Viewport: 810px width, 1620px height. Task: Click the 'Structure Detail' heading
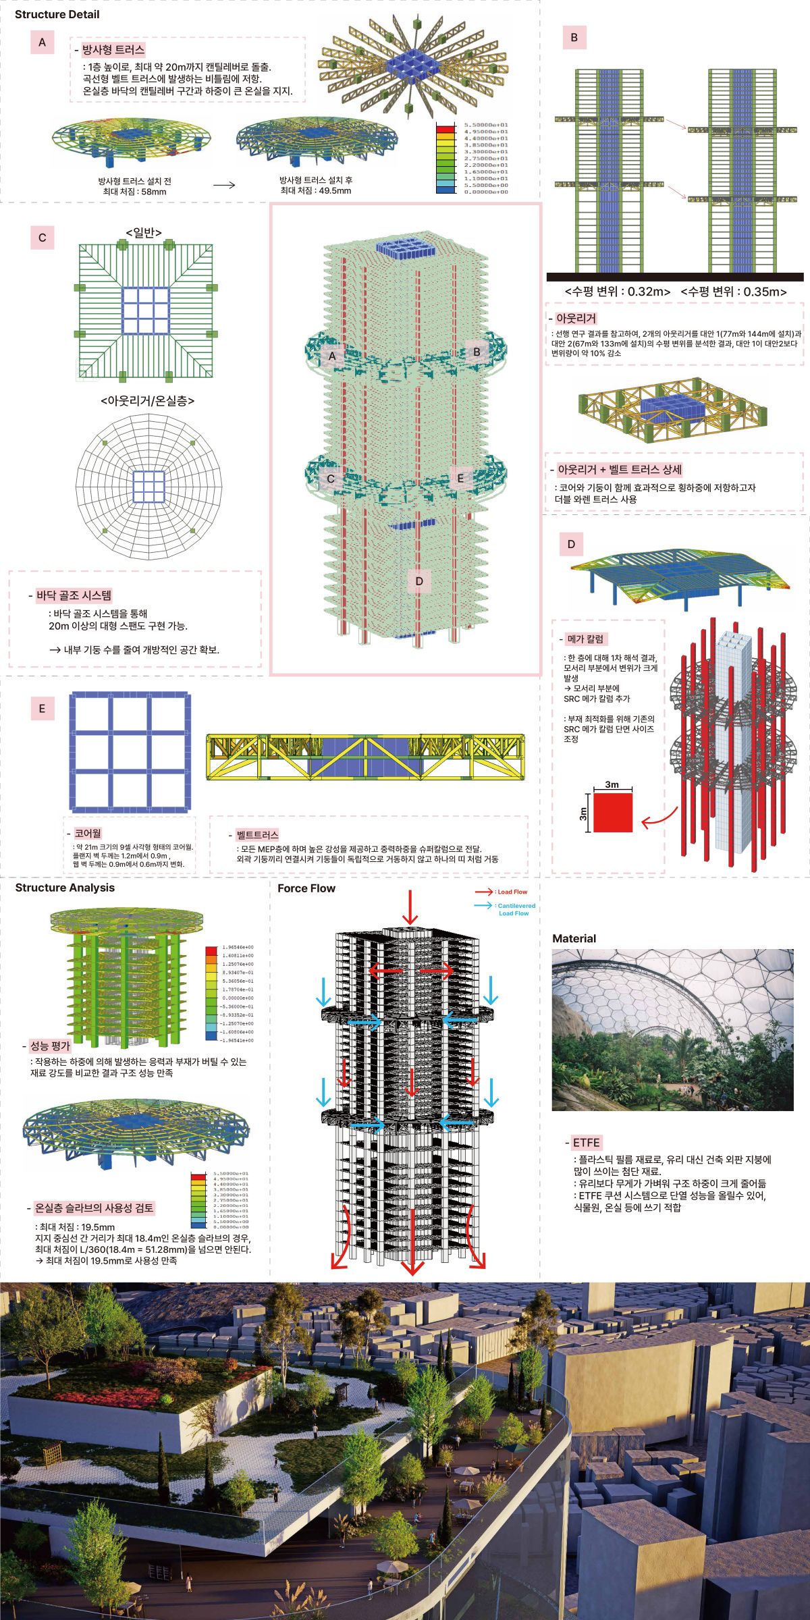point(57,14)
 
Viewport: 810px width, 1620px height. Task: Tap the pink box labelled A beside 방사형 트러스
point(42,43)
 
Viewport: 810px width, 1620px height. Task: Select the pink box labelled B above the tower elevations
point(574,38)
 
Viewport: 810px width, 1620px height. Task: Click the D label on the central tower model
point(418,581)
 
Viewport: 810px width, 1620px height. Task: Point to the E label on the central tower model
point(460,478)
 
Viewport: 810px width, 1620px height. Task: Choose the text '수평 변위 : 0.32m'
point(618,292)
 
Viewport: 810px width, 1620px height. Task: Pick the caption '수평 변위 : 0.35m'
point(734,292)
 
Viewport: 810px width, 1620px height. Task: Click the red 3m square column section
point(613,812)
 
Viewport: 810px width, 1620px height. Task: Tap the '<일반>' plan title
point(144,233)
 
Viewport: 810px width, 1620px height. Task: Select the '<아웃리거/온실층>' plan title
point(147,400)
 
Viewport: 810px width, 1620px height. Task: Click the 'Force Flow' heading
point(306,888)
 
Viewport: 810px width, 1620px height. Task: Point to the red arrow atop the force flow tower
point(410,907)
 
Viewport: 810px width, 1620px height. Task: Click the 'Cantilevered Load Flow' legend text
point(514,909)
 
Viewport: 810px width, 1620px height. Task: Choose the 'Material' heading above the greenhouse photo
point(574,938)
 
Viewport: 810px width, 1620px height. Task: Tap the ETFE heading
point(586,1143)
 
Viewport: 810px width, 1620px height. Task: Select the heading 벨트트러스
point(257,835)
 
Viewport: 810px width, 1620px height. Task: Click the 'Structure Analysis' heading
point(65,888)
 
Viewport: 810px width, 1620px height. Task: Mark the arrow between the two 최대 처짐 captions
point(224,184)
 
